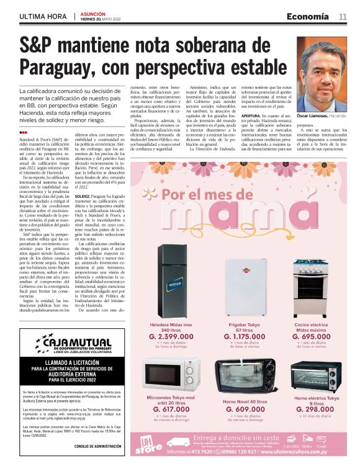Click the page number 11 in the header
[x=343, y=16]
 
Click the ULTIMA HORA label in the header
[x=42, y=16]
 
